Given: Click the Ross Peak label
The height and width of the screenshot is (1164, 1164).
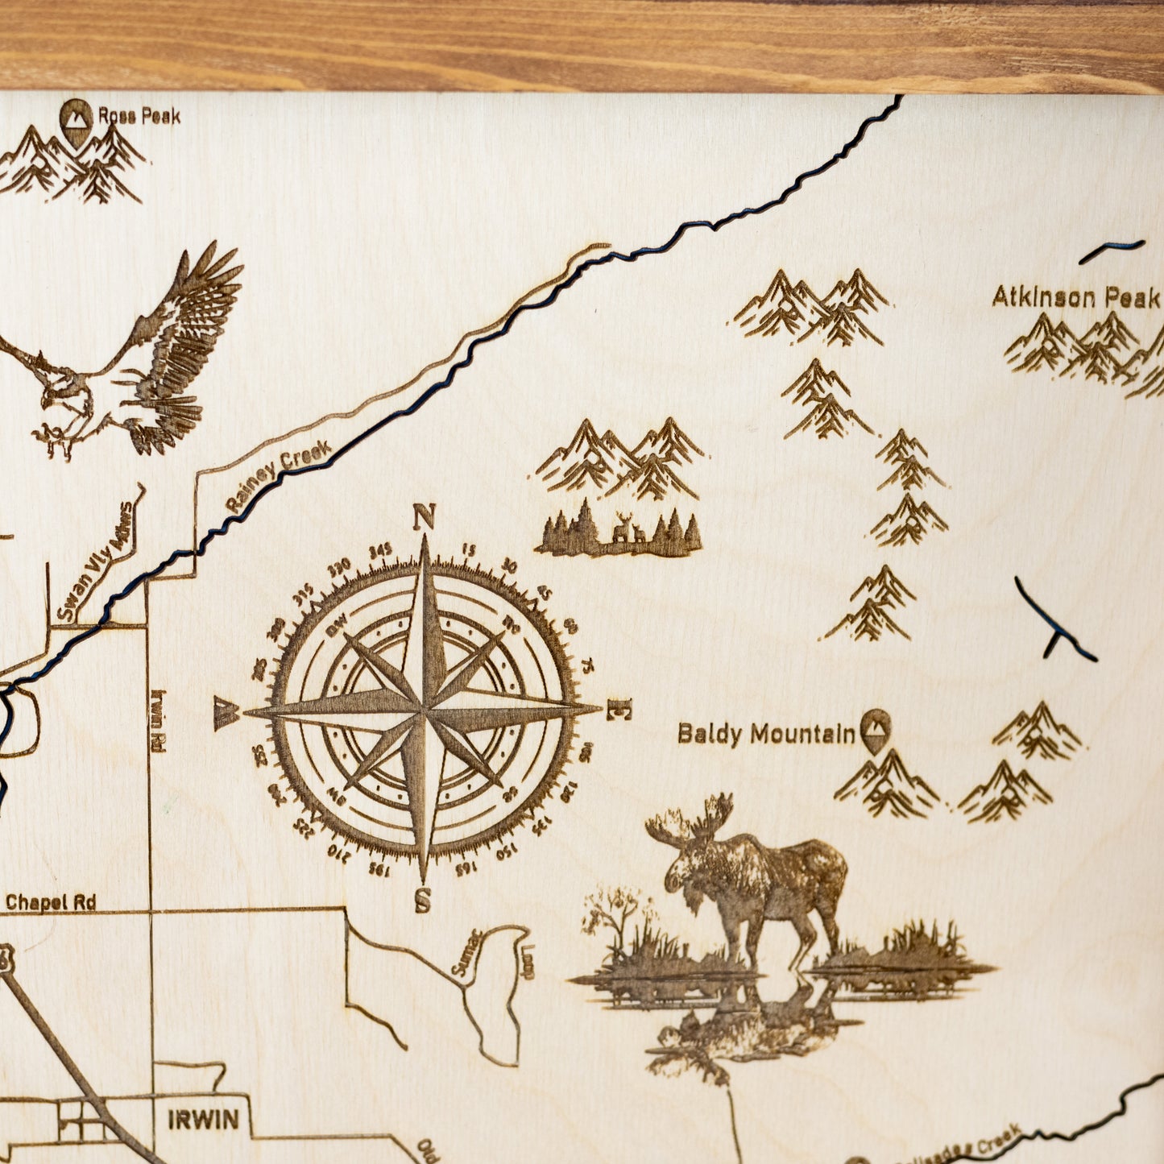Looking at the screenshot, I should (x=139, y=116).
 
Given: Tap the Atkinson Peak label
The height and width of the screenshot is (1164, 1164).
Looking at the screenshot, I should (x=1075, y=297).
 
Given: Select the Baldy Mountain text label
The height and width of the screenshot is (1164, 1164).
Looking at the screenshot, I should (x=766, y=734).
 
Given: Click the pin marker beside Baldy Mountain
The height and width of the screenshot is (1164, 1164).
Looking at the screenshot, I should (x=875, y=729).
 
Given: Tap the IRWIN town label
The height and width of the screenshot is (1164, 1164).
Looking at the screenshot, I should (x=203, y=1119).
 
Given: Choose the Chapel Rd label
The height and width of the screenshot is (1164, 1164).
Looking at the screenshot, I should (x=51, y=902).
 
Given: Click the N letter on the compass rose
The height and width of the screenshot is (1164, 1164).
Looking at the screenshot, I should (x=424, y=516).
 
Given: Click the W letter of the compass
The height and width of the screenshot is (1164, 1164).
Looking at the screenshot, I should (x=226, y=713).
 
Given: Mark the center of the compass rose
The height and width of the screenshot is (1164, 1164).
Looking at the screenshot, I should (x=424, y=710).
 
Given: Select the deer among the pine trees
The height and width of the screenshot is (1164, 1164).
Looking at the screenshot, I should (x=625, y=529).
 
